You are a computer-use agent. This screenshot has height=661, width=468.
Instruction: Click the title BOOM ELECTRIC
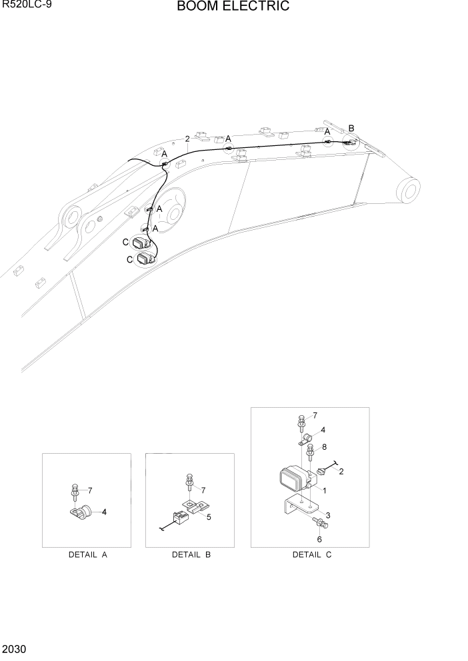point(233,7)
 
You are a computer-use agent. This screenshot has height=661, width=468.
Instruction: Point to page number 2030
point(15,648)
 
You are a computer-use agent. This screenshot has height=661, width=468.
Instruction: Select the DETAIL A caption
point(87,554)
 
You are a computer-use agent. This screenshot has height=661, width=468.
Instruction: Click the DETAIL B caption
point(191,554)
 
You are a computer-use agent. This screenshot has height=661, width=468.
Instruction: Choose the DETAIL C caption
point(311,554)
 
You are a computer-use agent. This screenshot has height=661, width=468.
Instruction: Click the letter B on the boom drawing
point(351,128)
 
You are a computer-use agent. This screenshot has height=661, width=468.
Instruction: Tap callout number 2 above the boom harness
point(187,139)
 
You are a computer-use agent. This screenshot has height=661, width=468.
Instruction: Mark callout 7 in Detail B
point(203,490)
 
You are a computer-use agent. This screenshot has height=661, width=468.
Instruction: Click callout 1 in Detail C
point(324,490)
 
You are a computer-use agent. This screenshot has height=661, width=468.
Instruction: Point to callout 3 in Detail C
point(328,516)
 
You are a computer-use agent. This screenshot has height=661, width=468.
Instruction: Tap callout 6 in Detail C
point(319,539)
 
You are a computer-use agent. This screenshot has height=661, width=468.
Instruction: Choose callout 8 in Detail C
point(324,447)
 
